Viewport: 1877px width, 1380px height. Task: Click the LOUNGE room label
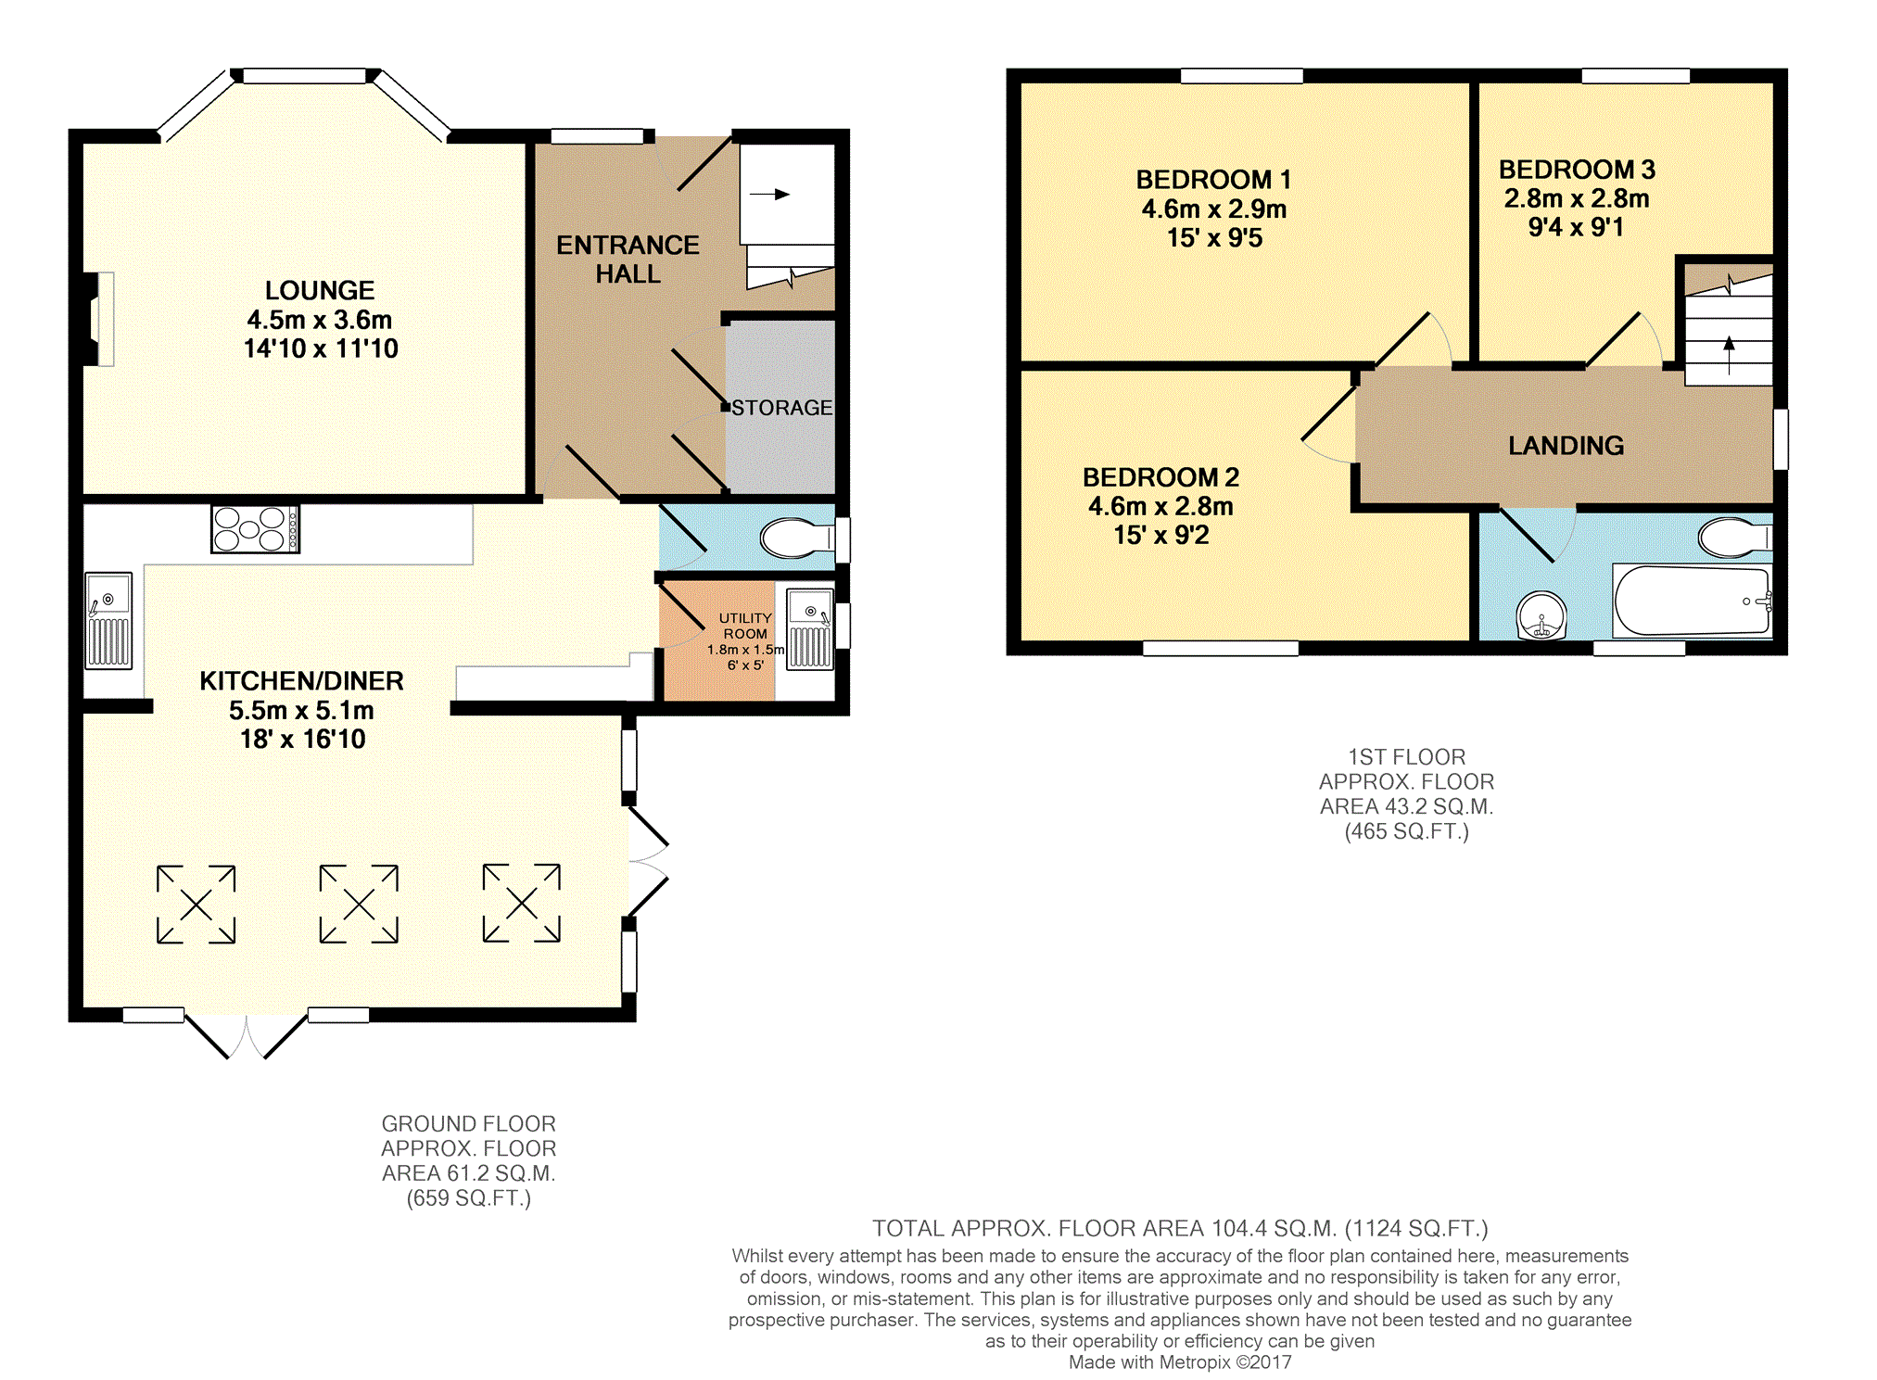pos(320,291)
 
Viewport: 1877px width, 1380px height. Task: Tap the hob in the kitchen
pos(255,529)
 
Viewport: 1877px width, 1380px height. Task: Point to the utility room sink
pos(810,628)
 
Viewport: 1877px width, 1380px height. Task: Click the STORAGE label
pos(782,408)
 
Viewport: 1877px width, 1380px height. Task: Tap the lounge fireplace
pos(100,319)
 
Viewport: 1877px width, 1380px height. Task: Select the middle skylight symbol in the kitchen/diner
pos(359,905)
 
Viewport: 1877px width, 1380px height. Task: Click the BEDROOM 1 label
pos(1213,180)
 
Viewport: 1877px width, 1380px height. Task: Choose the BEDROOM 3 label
pos(1577,170)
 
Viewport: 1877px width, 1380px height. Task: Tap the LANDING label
pos(1566,446)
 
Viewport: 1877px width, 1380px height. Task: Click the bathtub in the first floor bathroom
pos(1693,601)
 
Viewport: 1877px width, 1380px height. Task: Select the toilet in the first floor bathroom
pos(1734,538)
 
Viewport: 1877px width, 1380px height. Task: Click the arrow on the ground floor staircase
pos(769,195)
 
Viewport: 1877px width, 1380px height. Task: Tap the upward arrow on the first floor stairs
pos(1729,356)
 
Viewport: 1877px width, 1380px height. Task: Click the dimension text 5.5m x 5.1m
pos(301,711)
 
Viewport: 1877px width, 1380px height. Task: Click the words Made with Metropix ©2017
pos(1180,1362)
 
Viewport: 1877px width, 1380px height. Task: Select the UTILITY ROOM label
pos(745,626)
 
